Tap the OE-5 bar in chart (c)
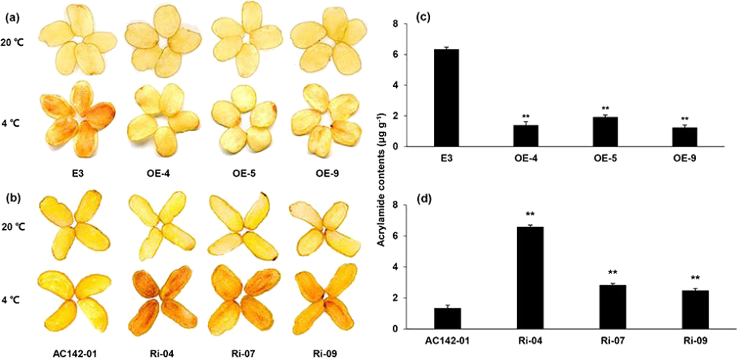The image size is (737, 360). pyautogui.click(x=605, y=132)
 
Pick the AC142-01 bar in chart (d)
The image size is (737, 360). pyautogui.click(x=448, y=318)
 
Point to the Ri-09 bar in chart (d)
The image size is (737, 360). pyautogui.click(x=695, y=309)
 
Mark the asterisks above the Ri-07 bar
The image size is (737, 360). pyautogui.click(x=612, y=273)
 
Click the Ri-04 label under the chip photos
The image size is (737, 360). pyautogui.click(x=158, y=353)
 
